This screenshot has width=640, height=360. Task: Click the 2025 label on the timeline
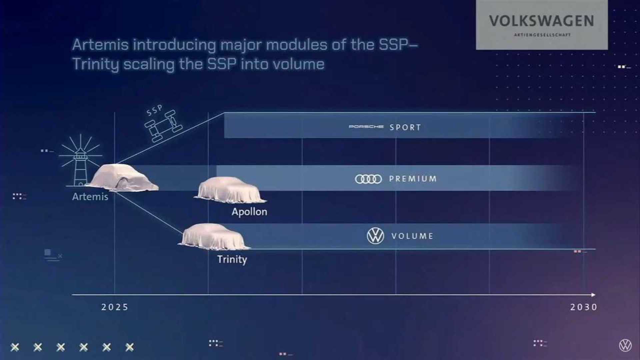click(115, 307)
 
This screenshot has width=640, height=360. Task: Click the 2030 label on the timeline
click(584, 307)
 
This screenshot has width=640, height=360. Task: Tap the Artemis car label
click(90, 197)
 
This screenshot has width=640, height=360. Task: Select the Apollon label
click(249, 212)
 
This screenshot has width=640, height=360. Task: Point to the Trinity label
click(232, 259)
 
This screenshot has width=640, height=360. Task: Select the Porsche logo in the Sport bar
click(366, 127)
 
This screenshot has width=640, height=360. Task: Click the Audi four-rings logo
click(368, 179)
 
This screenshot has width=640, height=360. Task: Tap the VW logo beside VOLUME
click(375, 236)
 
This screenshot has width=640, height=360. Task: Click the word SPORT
click(405, 127)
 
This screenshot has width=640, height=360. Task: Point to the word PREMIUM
click(413, 179)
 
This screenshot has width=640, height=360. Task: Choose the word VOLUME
click(412, 236)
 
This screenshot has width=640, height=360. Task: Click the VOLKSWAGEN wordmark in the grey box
click(542, 21)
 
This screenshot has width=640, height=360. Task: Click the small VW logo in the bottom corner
click(625, 345)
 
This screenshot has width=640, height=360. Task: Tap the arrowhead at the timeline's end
click(593, 295)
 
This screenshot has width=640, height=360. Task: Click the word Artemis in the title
click(100, 45)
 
